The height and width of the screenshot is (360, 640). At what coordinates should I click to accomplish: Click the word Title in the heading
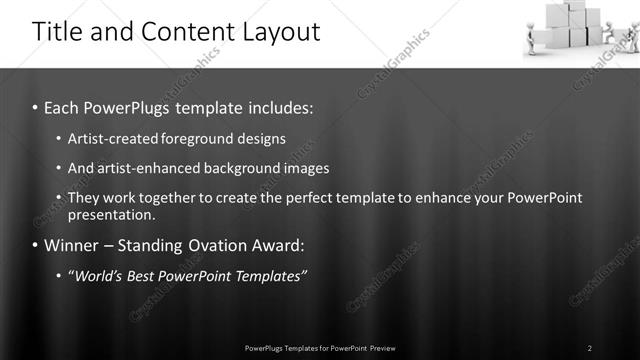point(58,32)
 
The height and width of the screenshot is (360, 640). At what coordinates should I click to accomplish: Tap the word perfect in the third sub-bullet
point(322,198)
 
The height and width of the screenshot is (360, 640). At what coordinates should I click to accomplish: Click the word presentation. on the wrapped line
point(112,214)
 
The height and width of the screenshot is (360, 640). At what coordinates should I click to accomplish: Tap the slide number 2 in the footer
point(590,348)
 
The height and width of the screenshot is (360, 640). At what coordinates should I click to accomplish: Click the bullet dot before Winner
point(36,245)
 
